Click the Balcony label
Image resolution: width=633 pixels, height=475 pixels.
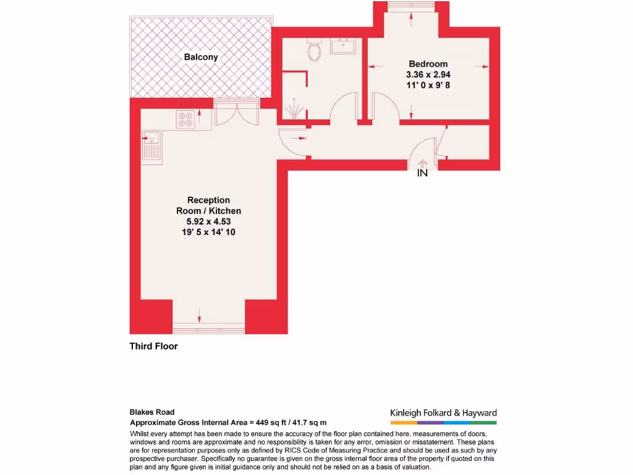click(x=201, y=58)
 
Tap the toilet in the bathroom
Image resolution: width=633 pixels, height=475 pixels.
click(x=315, y=51)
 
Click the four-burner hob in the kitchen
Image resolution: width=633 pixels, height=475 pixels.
click(x=185, y=118)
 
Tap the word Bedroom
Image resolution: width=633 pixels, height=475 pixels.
click(x=428, y=64)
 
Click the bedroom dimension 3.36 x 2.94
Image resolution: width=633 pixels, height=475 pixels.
click(x=428, y=74)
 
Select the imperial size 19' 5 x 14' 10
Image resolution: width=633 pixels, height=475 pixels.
click(x=208, y=232)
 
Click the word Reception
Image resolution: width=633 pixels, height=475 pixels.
click(x=208, y=200)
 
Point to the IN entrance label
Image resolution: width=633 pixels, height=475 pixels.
click(x=422, y=173)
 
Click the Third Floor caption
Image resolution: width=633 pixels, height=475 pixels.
click(x=153, y=346)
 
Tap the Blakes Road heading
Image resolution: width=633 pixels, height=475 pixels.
click(x=152, y=412)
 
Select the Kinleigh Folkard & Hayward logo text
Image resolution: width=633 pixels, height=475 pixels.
click(x=443, y=413)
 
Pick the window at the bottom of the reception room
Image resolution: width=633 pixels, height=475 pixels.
click(x=208, y=325)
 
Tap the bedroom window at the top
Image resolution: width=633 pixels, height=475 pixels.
click(x=411, y=6)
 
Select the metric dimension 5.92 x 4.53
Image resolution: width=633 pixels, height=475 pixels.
click(x=208, y=221)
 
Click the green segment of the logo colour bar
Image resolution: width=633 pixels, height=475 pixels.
click(x=483, y=423)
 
